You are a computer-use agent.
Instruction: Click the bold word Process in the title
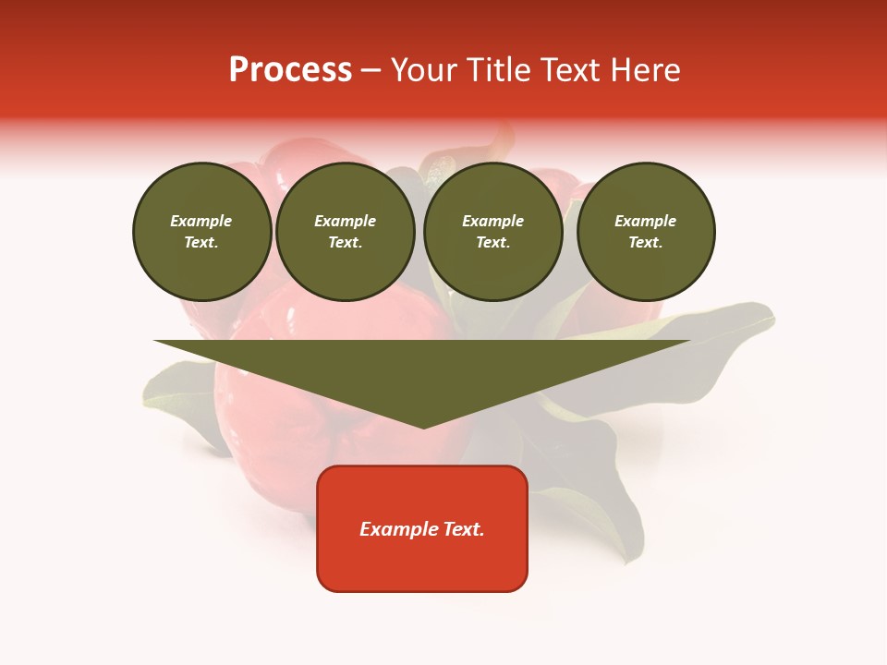coord(290,70)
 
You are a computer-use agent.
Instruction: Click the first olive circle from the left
coord(201,232)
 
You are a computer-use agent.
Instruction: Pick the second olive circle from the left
coord(346,232)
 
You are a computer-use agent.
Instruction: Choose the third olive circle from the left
coord(492,232)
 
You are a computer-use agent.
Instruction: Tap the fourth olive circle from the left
coord(646,232)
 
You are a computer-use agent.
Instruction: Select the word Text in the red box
coord(464,529)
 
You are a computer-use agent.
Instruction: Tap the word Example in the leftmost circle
coord(201,221)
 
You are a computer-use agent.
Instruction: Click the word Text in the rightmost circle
coord(645,243)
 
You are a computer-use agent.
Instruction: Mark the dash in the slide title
coord(371,70)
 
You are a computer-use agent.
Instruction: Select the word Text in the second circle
coord(344,243)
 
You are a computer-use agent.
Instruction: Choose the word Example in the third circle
coord(492,221)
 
